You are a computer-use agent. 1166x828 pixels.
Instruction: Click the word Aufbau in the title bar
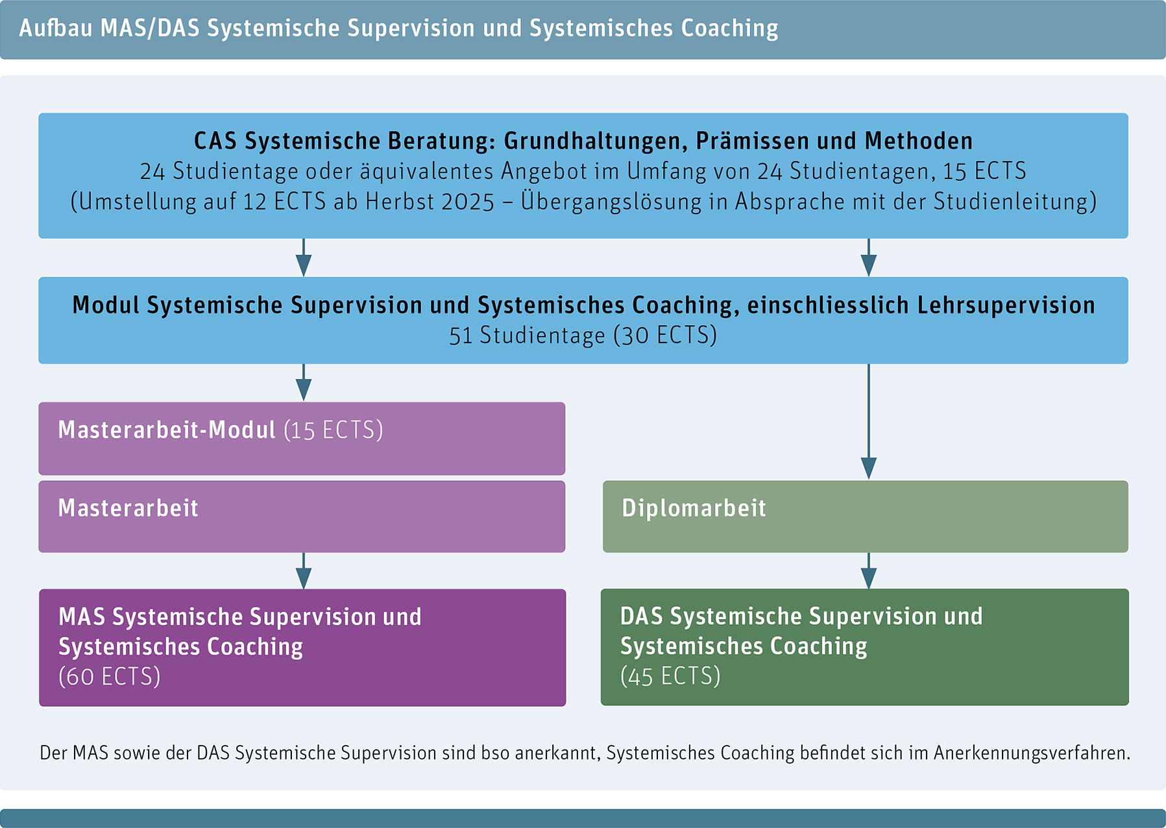(55, 29)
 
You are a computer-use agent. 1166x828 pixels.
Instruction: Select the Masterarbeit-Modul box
(302, 439)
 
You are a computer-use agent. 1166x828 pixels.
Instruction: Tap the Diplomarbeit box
(865, 517)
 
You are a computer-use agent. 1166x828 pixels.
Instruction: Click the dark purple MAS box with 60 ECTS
(302, 648)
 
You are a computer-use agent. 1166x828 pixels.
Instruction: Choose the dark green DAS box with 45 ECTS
(864, 647)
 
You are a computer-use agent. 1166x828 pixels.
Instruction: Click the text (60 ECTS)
(109, 677)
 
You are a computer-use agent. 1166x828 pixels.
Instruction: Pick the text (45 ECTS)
(670, 676)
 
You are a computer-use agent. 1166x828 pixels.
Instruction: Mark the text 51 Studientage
(527, 335)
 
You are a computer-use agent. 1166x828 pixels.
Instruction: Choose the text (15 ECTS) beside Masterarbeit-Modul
(334, 430)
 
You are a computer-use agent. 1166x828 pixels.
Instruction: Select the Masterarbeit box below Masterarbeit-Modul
(302, 517)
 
